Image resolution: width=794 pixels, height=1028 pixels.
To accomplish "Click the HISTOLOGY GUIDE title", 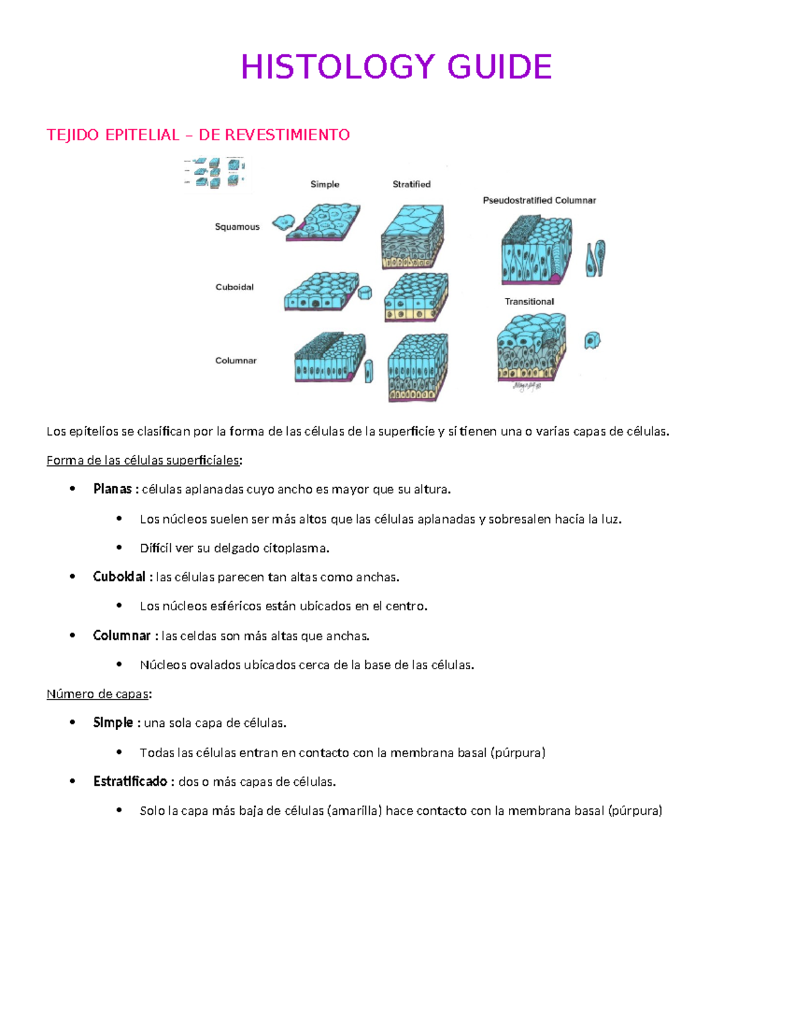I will [396, 68].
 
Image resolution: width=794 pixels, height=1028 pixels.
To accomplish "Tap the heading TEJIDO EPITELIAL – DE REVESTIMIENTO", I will [198, 135].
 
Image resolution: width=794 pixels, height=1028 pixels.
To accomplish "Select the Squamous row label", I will [237, 227].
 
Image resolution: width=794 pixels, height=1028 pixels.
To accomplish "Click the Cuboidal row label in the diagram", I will [234, 287].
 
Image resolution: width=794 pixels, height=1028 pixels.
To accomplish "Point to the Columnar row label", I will [236, 361].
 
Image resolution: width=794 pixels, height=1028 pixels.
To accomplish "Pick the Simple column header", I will [325, 185].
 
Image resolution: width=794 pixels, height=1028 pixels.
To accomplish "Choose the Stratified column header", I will [412, 185].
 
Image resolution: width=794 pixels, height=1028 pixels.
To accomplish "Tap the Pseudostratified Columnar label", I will [539, 201].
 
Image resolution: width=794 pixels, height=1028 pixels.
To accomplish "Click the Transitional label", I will [529, 302].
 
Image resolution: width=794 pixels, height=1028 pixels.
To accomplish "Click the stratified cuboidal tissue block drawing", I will [416, 297].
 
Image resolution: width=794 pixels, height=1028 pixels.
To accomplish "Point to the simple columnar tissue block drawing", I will [329, 359].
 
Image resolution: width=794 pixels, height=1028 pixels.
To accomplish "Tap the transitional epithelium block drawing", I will [531, 348].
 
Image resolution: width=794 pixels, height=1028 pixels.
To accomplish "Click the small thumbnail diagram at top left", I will [214, 172].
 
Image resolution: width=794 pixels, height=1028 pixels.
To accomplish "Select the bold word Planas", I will [112, 489].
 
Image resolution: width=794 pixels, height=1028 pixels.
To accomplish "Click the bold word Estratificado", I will [130, 782].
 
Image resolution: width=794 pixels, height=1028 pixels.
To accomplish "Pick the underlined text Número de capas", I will [98, 694].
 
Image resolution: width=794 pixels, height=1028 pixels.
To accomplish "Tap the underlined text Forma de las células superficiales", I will [143, 461].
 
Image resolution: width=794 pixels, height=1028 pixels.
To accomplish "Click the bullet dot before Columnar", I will [73, 635].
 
